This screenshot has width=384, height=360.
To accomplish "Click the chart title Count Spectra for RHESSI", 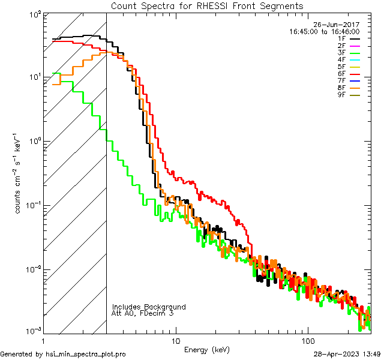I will tap(207, 5).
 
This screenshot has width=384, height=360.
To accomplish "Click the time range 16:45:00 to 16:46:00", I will tap(324, 31).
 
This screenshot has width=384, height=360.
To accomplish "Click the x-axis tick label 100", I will tap(307, 340).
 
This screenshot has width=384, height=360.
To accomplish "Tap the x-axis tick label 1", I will tap(43, 340).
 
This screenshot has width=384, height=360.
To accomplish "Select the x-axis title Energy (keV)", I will tap(207, 349).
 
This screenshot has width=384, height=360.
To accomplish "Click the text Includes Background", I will tap(149, 307).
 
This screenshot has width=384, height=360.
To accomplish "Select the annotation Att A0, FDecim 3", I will tap(143, 314).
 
